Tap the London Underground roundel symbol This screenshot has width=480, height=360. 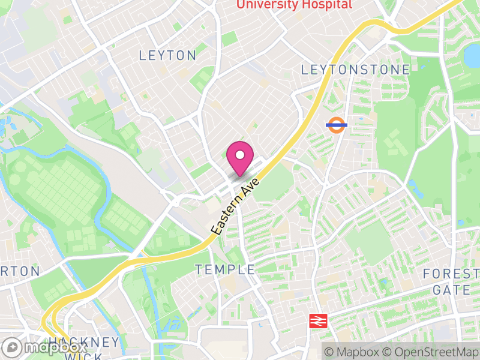337,125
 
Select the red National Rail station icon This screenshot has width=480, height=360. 316,321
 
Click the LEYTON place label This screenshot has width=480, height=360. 167,56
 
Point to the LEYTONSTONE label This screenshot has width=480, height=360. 355,70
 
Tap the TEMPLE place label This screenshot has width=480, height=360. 225,270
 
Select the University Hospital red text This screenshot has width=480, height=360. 294,4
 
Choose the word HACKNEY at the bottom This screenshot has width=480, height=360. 85,343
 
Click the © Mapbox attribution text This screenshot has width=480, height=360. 353,352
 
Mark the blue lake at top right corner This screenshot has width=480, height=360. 472,55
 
